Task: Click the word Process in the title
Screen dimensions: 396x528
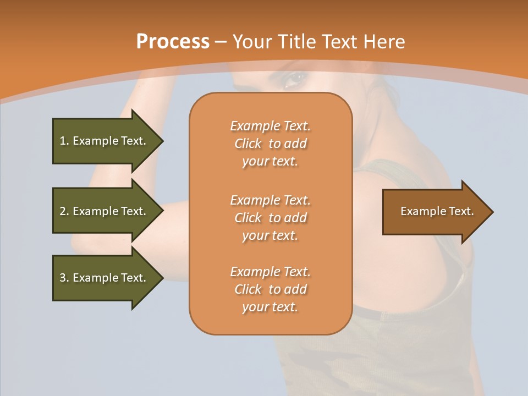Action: [173, 42]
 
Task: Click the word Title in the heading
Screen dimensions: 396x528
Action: [297, 42]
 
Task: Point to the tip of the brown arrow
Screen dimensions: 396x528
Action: [492, 212]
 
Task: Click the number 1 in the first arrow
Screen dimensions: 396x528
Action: [63, 141]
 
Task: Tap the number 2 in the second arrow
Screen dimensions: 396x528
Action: [63, 211]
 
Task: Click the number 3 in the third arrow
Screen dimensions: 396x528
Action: [63, 278]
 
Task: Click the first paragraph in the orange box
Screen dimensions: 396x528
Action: [270, 144]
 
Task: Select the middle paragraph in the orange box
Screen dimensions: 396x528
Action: [270, 218]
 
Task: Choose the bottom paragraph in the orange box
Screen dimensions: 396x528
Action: [270, 289]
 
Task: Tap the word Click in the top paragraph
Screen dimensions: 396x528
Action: [248, 144]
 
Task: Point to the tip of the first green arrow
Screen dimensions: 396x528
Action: [163, 141]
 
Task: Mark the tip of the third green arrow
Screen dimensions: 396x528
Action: [163, 278]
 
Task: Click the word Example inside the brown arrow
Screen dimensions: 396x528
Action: [420, 211]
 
